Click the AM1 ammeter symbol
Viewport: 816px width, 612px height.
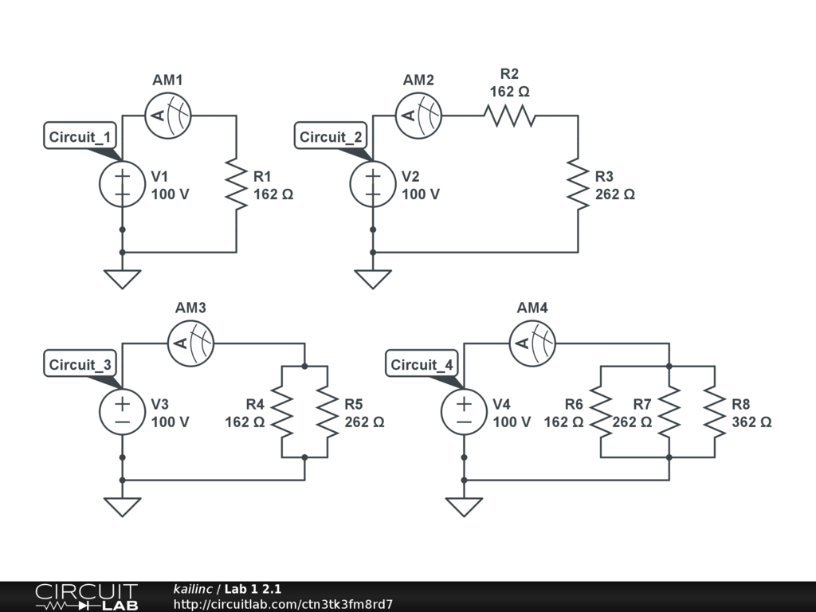[x=168, y=116]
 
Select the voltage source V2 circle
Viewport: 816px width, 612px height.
[x=373, y=183]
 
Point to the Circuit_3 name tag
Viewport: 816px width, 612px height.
[x=80, y=365]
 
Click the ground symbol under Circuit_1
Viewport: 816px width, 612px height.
[x=122, y=279]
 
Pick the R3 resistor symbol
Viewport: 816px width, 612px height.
[x=578, y=183]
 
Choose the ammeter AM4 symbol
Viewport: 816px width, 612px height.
[x=533, y=343]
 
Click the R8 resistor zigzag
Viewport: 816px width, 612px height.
[x=715, y=411]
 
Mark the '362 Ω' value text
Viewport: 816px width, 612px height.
[x=751, y=422]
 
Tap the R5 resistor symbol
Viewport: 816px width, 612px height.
[x=328, y=411]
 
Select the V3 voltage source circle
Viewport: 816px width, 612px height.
[x=122, y=411]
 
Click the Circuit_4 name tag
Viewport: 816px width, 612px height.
[x=422, y=365]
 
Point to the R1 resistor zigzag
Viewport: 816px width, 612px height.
[x=237, y=183]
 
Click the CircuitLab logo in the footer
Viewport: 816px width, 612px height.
[x=86, y=597]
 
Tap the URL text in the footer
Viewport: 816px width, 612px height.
[x=283, y=605]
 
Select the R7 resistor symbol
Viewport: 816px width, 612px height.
[x=669, y=411]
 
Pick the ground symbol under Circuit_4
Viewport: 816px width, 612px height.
[x=464, y=507]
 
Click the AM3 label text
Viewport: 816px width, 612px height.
[x=191, y=308]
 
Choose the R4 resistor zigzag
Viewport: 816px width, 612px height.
[x=283, y=411]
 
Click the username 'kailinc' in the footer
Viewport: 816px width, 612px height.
[x=193, y=589]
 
